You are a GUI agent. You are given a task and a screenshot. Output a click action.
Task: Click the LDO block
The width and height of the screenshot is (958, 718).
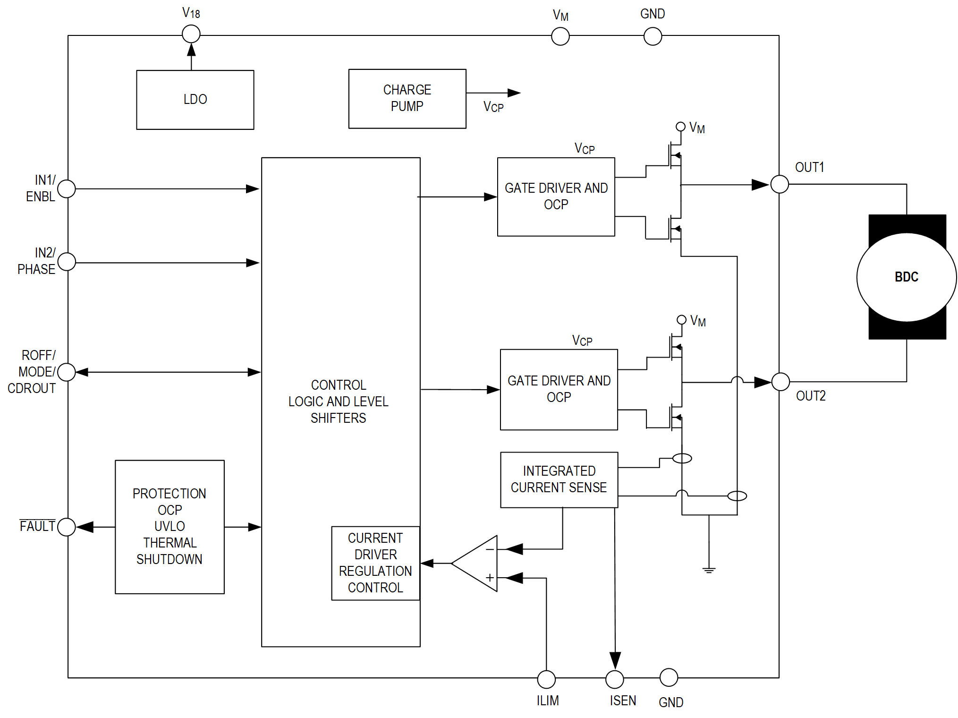tap(195, 100)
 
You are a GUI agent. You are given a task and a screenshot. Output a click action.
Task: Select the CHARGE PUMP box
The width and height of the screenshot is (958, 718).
tap(407, 98)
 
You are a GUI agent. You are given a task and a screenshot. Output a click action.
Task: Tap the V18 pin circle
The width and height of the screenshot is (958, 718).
tap(191, 34)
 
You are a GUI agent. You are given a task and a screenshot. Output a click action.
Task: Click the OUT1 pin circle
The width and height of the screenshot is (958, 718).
tap(780, 184)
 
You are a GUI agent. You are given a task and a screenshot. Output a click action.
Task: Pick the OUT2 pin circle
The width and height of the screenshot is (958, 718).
tap(780, 382)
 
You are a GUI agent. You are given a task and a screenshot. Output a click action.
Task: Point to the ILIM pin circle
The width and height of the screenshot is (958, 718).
tap(546, 679)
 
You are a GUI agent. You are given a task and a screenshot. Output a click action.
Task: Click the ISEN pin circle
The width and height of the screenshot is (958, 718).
tap(615, 679)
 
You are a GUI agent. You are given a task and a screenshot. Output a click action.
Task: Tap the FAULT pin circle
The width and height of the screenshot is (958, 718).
tap(67, 527)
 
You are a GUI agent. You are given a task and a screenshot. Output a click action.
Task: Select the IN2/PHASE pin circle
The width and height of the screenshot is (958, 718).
tap(67, 262)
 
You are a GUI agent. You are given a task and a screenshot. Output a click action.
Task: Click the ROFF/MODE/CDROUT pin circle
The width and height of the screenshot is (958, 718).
tap(67, 372)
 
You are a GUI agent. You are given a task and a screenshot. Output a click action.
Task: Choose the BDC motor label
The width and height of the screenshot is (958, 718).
tap(907, 277)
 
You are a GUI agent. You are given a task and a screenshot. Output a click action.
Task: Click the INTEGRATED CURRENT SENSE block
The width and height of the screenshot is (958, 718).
tap(559, 479)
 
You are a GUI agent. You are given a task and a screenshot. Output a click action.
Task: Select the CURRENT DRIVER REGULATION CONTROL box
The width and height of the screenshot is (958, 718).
tap(375, 563)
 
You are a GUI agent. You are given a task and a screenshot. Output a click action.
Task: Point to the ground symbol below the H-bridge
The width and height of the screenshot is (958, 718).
tap(709, 570)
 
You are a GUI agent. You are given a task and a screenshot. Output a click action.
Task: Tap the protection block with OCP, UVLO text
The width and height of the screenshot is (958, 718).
tap(170, 527)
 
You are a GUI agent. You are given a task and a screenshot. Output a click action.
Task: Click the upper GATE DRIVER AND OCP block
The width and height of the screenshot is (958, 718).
tap(556, 197)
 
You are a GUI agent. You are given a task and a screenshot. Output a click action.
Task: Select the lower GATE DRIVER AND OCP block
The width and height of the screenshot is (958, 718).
tap(559, 389)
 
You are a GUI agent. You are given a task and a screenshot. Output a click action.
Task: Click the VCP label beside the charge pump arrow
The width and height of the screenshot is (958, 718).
tap(493, 107)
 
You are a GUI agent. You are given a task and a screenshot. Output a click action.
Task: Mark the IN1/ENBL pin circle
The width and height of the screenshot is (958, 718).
tap(67, 189)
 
